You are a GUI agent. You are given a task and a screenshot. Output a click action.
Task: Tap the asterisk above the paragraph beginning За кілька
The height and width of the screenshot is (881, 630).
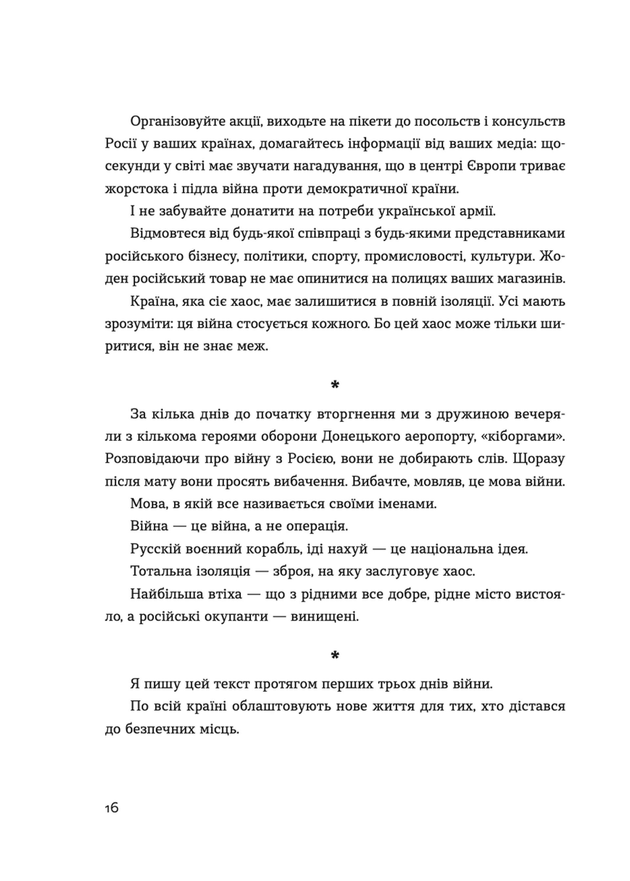(x=335, y=385)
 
